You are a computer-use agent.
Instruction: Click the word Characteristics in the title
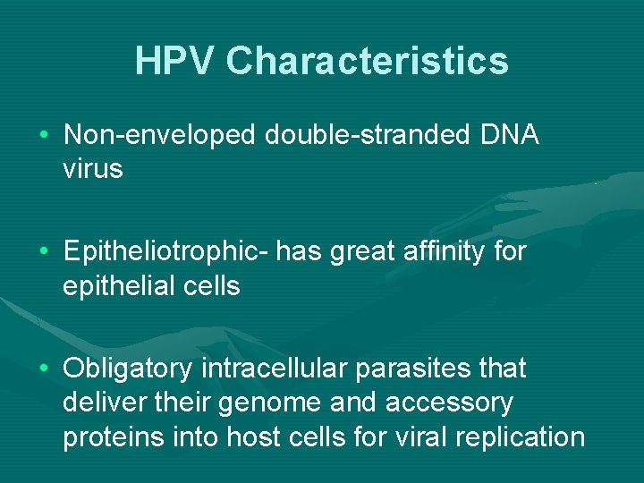coord(368,62)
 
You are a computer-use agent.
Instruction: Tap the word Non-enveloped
coord(160,135)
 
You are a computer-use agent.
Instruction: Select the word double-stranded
coord(367,135)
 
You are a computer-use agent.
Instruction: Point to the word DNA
coord(510,135)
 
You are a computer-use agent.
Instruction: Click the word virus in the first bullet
coord(93,168)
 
